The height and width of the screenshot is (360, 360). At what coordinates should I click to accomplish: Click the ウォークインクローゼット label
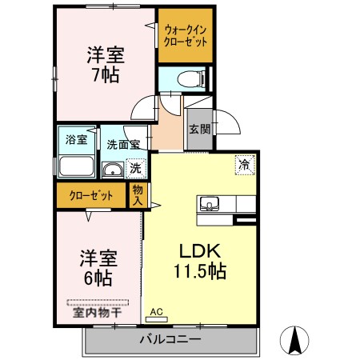[x=185, y=35]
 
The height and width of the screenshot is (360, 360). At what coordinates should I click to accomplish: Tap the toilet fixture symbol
[x=188, y=79]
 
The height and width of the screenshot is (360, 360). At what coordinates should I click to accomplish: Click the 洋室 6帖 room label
[x=98, y=269]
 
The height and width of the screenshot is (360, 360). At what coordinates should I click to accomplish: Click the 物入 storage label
[x=138, y=195]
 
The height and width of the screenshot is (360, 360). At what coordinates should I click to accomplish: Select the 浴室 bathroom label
[x=77, y=138]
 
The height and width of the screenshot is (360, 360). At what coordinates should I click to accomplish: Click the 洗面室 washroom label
[x=123, y=146]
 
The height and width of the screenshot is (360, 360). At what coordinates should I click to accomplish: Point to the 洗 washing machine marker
[x=136, y=168]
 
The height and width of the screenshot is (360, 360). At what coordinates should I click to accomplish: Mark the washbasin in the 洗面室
[x=113, y=168]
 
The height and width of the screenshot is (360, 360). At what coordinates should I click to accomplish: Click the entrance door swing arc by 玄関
[x=226, y=120]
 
